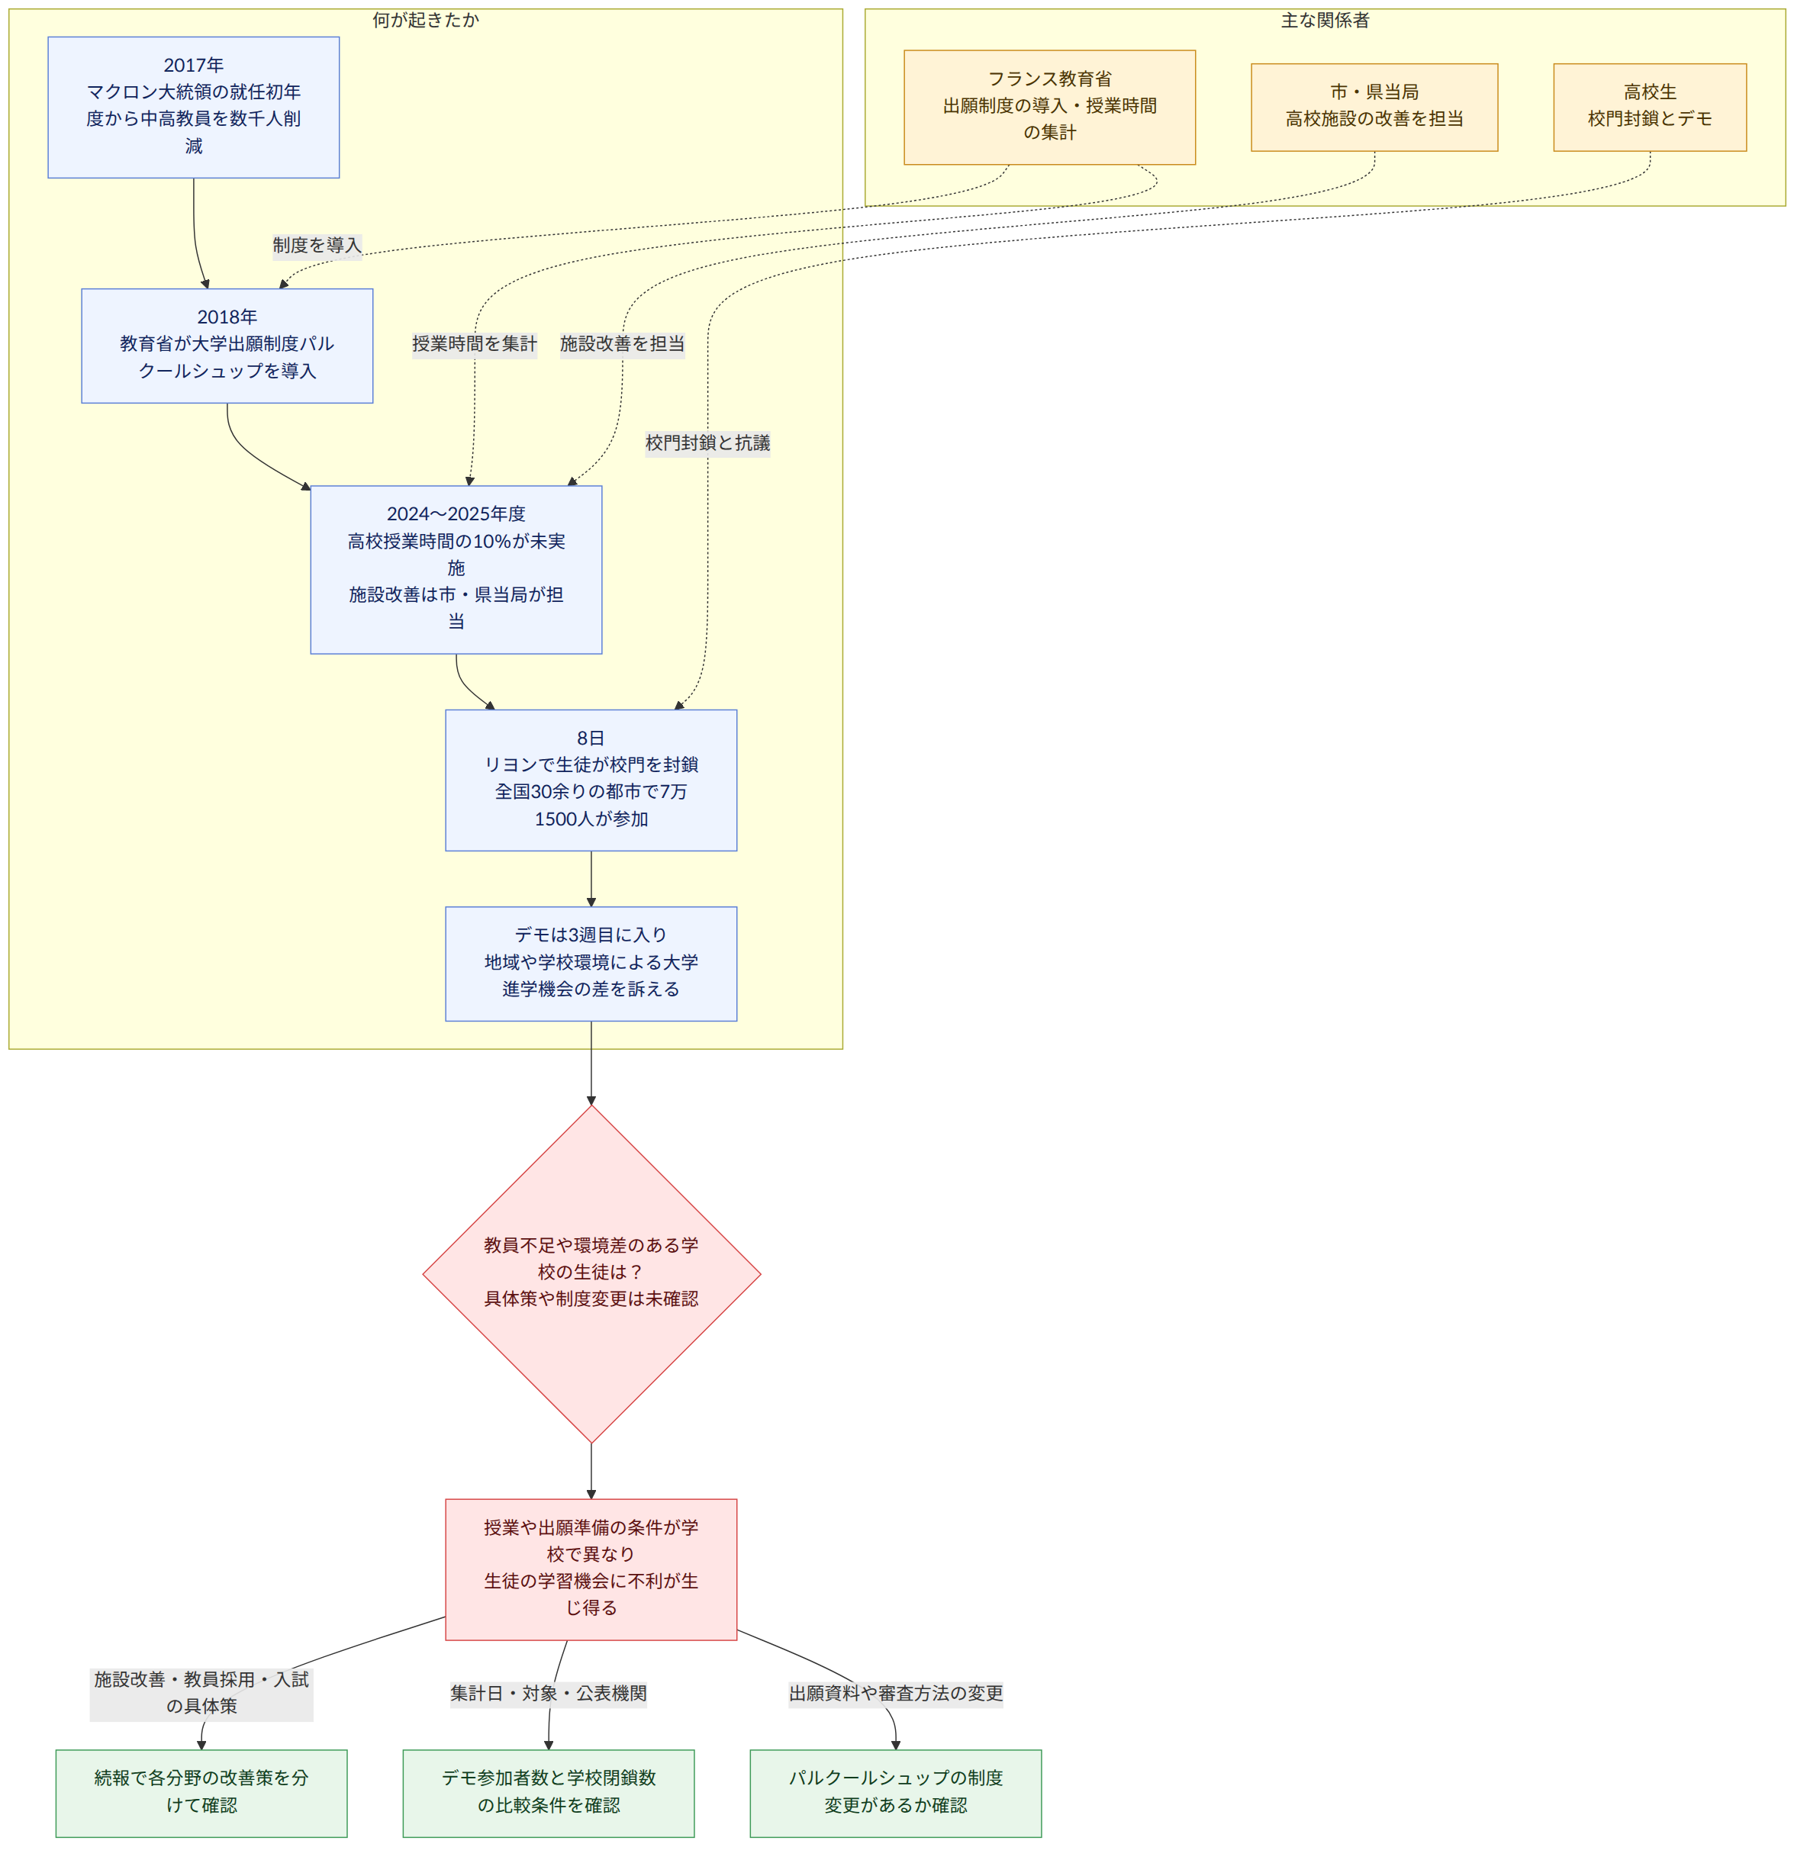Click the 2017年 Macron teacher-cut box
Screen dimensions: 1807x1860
click(194, 108)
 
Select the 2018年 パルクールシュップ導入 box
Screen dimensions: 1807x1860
click(227, 346)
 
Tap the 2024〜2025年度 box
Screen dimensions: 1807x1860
click(456, 569)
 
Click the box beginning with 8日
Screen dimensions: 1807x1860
click(591, 780)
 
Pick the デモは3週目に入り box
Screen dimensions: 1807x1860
click(591, 964)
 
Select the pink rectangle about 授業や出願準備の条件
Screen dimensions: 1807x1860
click(591, 1569)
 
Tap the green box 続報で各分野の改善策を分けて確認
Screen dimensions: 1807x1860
click(201, 1794)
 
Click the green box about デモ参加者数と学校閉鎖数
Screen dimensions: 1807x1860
click(549, 1794)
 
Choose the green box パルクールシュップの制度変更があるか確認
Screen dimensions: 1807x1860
click(896, 1794)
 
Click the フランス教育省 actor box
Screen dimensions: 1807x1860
click(1050, 108)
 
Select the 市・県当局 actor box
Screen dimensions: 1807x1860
click(1374, 108)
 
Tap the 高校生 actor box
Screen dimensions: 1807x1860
click(1650, 108)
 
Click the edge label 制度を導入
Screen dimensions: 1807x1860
click(317, 246)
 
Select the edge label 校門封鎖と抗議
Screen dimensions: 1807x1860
click(708, 443)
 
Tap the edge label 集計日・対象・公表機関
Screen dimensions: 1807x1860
click(549, 1694)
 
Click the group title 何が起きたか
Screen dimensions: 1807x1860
click(426, 21)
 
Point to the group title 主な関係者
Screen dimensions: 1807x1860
click(1325, 21)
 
